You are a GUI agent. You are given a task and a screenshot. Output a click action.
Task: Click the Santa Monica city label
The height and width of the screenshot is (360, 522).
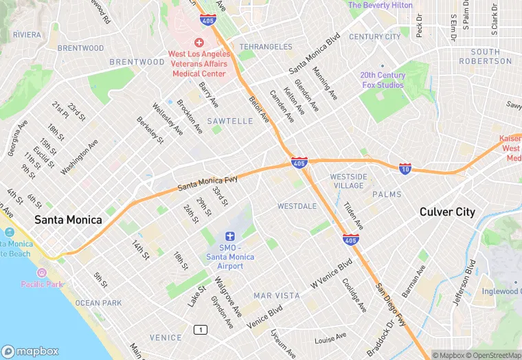point(68,220)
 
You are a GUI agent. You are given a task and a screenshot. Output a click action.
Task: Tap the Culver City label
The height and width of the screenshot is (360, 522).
point(447,212)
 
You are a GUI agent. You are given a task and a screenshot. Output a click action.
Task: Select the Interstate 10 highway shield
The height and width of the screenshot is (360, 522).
point(405,168)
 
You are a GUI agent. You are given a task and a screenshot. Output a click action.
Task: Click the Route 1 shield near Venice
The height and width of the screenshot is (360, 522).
point(201,330)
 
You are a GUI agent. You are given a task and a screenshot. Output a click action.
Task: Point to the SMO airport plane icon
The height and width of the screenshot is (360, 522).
point(230,236)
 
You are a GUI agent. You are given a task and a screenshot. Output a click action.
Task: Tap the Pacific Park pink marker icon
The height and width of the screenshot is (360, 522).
point(42,273)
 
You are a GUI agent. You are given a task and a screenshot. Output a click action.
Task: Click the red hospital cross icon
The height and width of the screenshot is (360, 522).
point(198,43)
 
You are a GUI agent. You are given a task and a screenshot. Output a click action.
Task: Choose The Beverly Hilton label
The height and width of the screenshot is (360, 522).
point(381,5)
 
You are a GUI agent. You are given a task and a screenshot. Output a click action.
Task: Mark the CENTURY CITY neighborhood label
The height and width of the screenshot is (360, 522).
point(374,37)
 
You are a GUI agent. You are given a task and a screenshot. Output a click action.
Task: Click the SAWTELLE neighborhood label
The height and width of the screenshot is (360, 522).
point(230,121)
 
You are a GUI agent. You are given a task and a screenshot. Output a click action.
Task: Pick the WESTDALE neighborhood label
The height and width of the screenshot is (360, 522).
point(297,206)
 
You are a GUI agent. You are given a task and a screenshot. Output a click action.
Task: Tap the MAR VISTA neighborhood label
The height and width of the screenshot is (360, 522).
point(277,295)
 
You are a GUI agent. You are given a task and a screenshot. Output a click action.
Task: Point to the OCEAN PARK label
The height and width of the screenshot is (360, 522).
point(98,303)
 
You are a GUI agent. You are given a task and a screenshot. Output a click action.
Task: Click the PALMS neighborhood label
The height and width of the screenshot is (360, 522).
point(387,194)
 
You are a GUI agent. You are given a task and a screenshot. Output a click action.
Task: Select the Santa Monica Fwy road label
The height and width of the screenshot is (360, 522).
point(207,183)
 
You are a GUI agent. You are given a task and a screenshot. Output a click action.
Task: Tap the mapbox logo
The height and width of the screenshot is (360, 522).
point(33,350)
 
